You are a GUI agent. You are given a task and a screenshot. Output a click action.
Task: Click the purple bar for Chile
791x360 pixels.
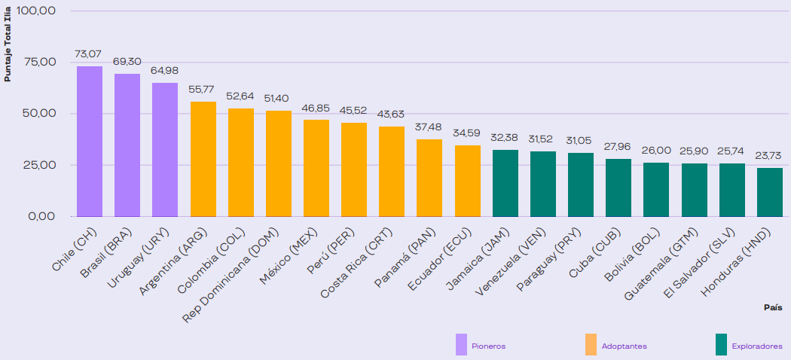click(x=90, y=141)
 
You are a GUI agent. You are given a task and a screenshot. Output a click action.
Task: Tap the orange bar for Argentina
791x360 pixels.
click(x=203, y=159)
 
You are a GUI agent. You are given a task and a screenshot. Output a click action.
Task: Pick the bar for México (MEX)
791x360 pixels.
click(x=316, y=168)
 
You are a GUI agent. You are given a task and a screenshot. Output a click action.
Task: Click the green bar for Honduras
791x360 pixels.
click(x=769, y=192)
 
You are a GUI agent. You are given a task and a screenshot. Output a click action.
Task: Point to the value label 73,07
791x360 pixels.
click(x=89, y=55)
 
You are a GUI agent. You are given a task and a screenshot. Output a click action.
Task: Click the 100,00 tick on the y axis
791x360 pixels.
click(x=37, y=11)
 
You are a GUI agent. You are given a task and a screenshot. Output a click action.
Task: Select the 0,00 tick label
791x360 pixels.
click(x=42, y=216)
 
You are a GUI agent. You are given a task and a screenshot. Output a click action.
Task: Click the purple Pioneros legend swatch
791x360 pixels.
click(x=462, y=344)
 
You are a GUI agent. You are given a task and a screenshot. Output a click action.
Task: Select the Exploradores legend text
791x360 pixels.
click(x=756, y=346)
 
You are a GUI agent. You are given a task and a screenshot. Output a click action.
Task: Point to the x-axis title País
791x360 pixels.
click(x=773, y=307)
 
